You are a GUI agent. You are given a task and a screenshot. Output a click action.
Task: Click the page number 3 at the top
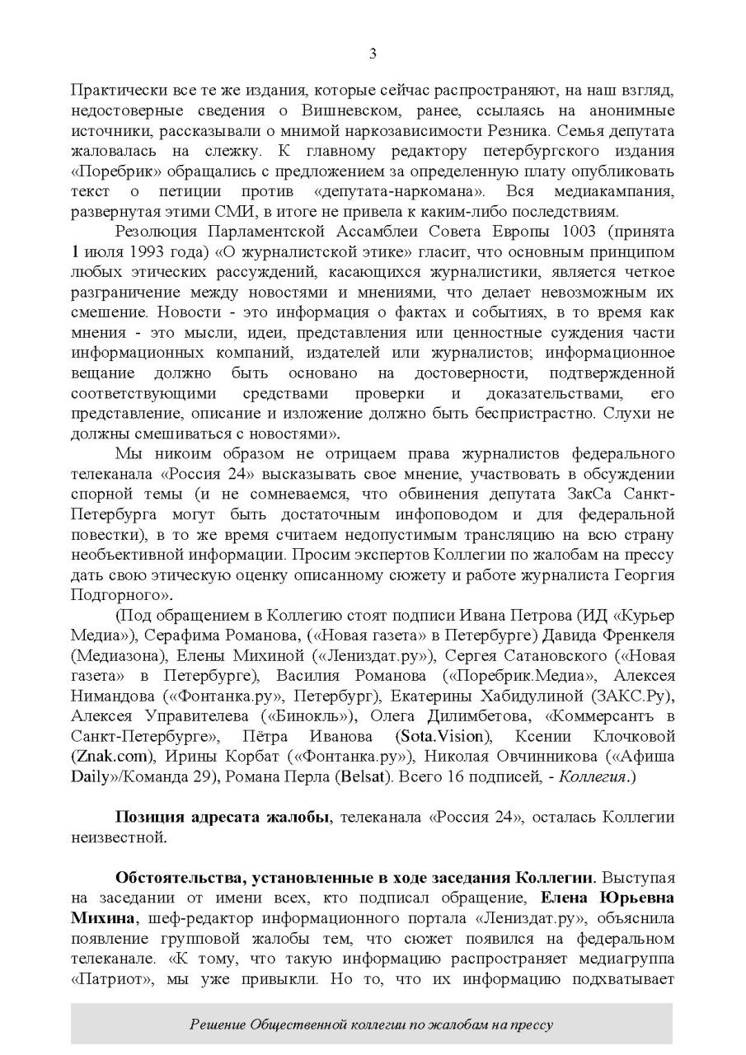click(x=373, y=54)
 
